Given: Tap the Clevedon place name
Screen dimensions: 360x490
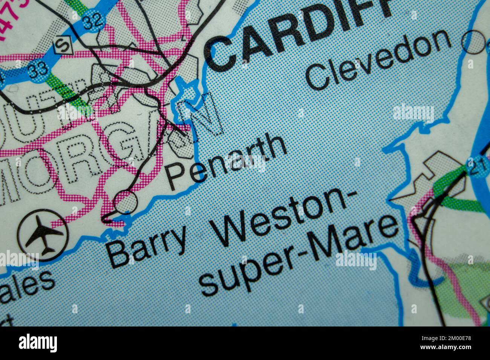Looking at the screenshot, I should click(x=379, y=60).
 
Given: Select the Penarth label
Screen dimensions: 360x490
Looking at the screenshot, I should click(x=226, y=162).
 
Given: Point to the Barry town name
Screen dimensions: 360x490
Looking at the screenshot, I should click(x=147, y=245).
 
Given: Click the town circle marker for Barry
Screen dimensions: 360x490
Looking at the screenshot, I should click(x=126, y=202).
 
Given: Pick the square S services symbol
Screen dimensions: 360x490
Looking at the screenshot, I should click(x=61, y=45).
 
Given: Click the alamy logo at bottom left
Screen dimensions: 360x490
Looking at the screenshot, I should click(x=38, y=343).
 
